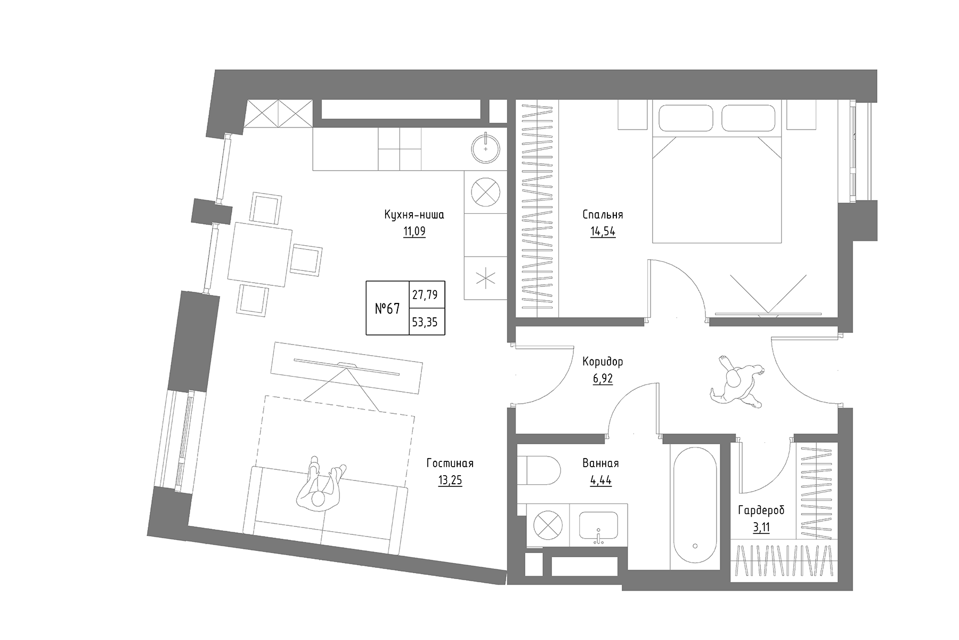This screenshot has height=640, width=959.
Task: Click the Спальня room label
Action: click(603, 214)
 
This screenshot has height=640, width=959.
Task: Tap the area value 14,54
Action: click(603, 231)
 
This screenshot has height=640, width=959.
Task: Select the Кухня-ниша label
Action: click(414, 214)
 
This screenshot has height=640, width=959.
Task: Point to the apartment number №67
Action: click(387, 308)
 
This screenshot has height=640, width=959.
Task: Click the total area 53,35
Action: click(427, 322)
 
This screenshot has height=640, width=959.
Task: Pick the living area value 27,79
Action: click(427, 294)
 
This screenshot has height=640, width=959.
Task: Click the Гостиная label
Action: click(450, 463)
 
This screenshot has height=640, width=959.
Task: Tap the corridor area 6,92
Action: click(603, 379)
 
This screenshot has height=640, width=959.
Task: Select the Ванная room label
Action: click(600, 463)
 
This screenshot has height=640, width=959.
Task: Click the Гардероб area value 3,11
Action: click(761, 527)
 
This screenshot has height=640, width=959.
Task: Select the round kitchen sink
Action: click(485, 147)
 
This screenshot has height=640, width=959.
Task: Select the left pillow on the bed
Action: click(686, 118)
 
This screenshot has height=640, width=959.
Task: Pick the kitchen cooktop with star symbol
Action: click(485, 278)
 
